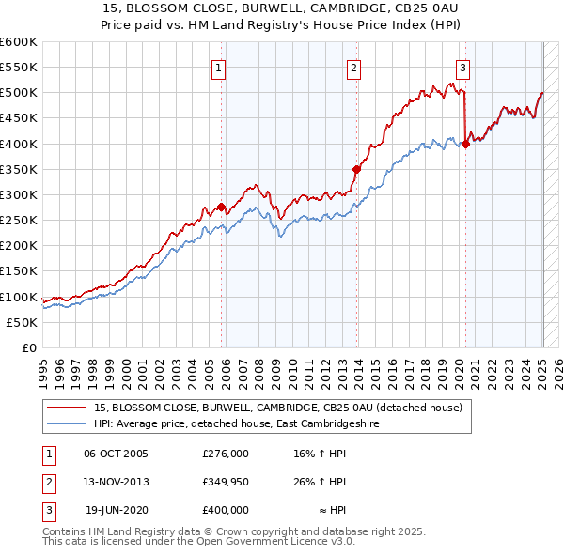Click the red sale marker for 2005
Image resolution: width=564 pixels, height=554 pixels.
pyautogui.click(x=221, y=207)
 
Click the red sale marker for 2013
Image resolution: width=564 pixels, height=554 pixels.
pyautogui.click(x=356, y=169)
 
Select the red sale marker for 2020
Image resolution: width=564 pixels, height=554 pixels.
pyautogui.click(x=465, y=144)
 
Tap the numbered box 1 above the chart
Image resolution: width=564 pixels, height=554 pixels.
pyautogui.click(x=218, y=68)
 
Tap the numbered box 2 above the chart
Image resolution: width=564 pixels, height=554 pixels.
pyautogui.click(x=353, y=68)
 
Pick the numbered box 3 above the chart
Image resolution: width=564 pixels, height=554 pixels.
pyautogui.click(x=463, y=68)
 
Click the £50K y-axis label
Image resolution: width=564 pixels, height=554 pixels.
pyautogui.click(x=23, y=322)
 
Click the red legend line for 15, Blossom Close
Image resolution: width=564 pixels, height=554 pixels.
pyautogui.click(x=67, y=408)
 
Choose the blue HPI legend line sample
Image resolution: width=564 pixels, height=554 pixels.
pyautogui.click(x=67, y=425)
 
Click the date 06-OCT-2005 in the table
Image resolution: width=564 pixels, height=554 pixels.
pyautogui.click(x=116, y=454)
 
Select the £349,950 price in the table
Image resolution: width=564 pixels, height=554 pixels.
pyautogui.click(x=226, y=482)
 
